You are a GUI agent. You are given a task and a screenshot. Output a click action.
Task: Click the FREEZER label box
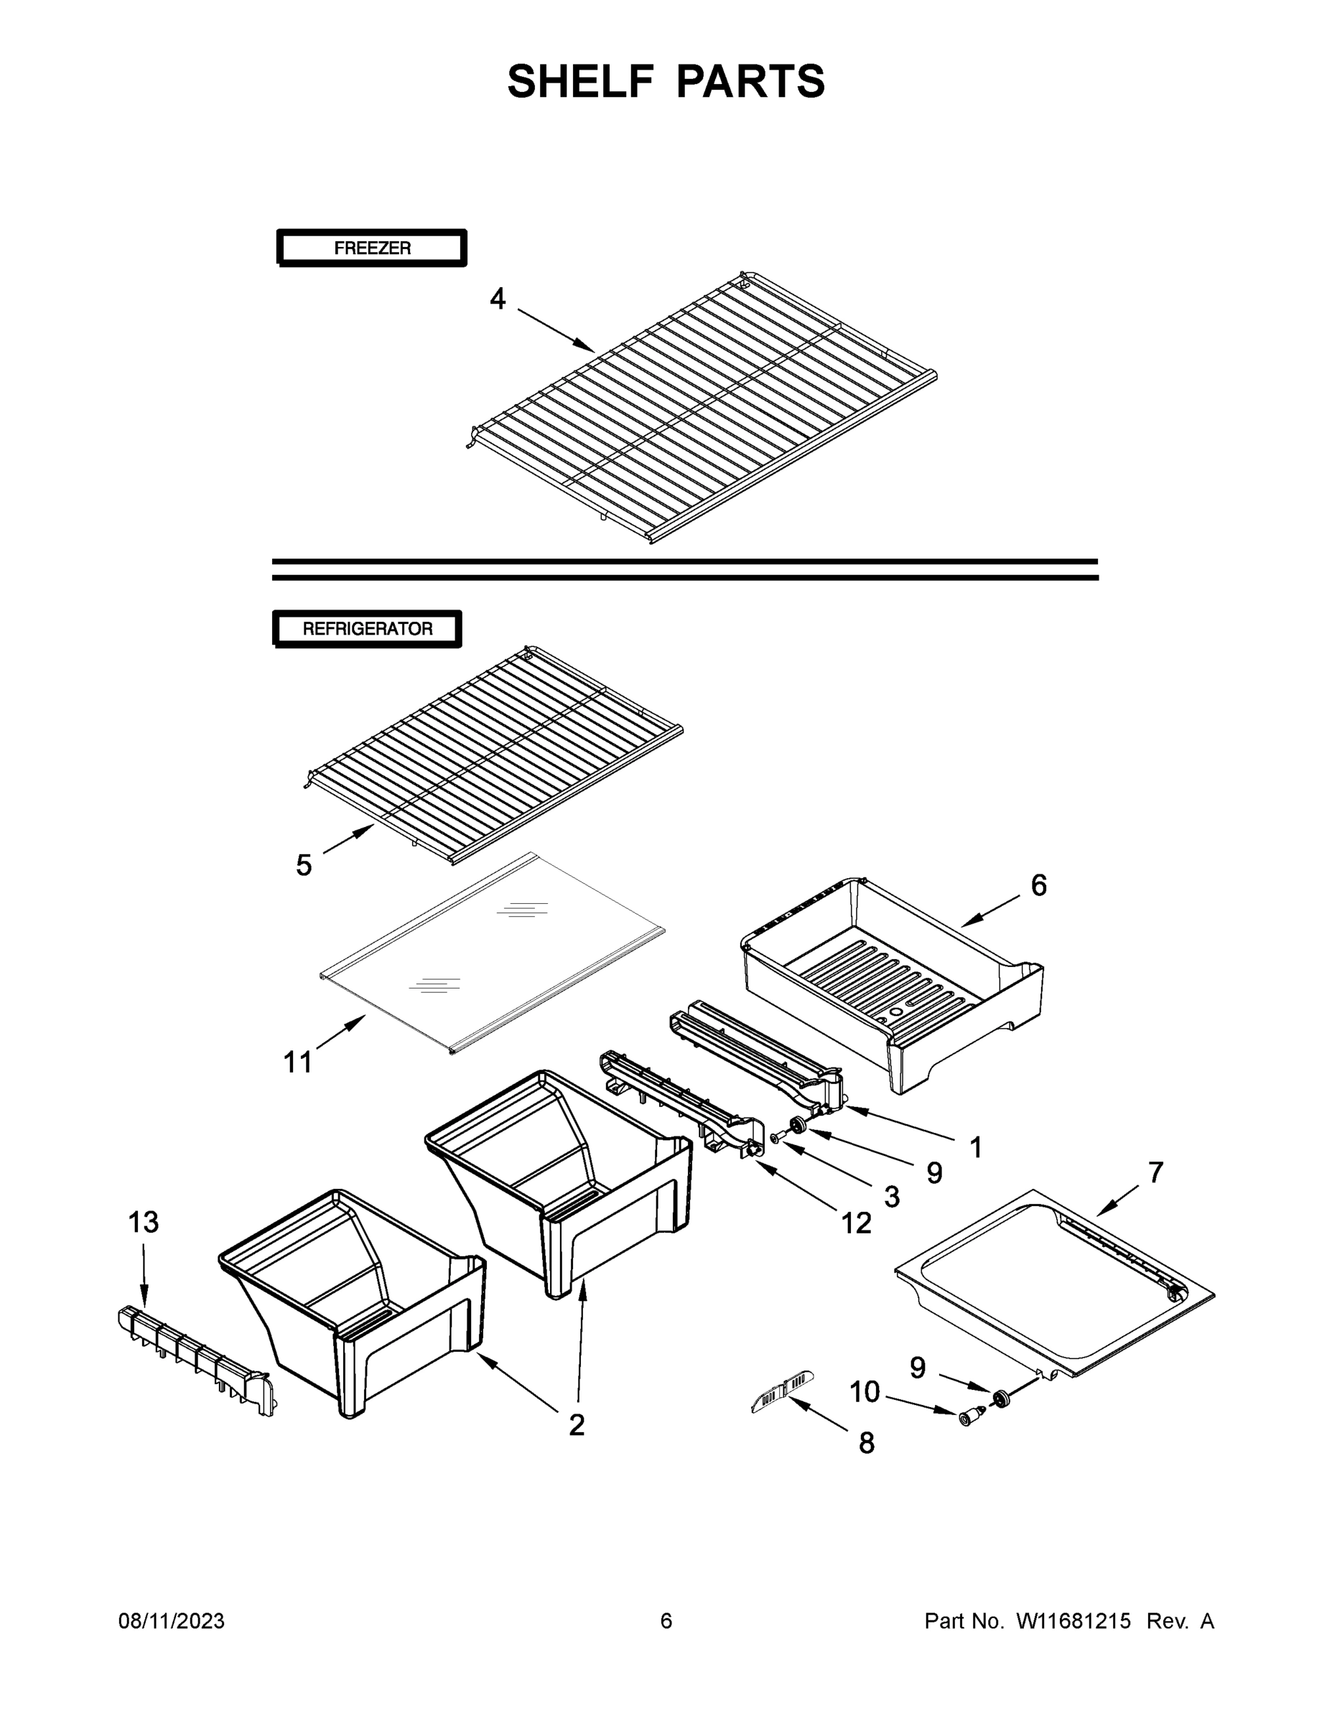[372, 248]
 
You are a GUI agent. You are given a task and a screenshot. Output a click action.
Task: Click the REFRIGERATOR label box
[367, 629]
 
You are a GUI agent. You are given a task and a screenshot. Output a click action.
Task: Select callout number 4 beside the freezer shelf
[497, 299]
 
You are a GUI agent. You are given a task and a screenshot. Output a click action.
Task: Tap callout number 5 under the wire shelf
[304, 865]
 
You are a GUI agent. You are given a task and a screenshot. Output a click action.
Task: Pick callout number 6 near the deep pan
[1038, 885]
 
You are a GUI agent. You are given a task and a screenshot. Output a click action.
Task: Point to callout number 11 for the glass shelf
[297, 1063]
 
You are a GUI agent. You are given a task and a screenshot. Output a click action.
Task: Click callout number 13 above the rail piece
[144, 1222]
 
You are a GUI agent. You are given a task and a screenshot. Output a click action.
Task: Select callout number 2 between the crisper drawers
[577, 1425]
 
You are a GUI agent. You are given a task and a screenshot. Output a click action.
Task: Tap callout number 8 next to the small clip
[867, 1443]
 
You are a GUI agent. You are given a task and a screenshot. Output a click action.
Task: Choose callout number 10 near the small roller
[864, 1391]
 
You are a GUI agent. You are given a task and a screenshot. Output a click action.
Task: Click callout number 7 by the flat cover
[1155, 1172]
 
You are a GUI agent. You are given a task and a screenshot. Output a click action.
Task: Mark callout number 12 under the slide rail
[856, 1223]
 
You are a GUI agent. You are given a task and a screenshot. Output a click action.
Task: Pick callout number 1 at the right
[976, 1148]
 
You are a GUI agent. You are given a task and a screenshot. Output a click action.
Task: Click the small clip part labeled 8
[781, 1391]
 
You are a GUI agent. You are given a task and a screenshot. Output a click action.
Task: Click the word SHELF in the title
[581, 81]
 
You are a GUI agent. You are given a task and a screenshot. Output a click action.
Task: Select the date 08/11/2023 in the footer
[171, 1621]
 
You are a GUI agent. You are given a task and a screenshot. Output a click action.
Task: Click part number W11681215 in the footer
[1073, 1621]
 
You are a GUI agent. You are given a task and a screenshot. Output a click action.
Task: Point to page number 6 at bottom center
[666, 1621]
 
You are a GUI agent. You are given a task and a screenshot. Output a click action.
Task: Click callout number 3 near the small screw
[892, 1197]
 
